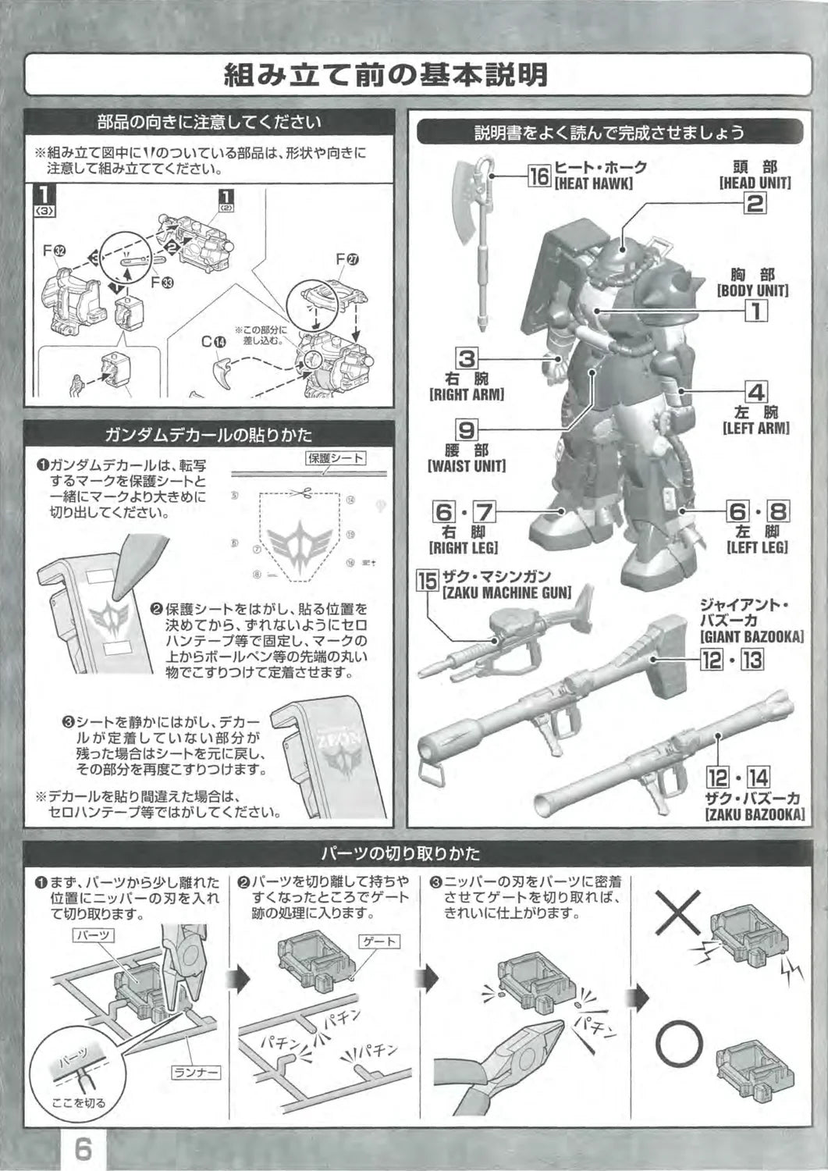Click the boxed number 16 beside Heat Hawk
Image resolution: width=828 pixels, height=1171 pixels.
[x=539, y=176]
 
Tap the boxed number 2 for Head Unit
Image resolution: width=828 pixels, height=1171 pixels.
[x=755, y=203]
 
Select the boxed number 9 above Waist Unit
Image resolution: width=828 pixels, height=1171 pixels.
[x=467, y=429]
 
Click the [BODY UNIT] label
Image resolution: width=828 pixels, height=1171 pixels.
[x=752, y=290]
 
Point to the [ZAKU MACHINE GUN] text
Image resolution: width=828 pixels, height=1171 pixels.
[x=506, y=593]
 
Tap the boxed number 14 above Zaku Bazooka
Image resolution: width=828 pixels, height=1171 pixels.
[x=758, y=778]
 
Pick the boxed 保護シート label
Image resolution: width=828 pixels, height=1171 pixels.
[x=336, y=458]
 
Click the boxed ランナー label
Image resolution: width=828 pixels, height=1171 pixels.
[x=196, y=1073]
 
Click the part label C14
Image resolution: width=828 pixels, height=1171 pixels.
[x=212, y=340]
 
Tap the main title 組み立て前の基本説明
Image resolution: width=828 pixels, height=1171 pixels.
[x=386, y=75]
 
